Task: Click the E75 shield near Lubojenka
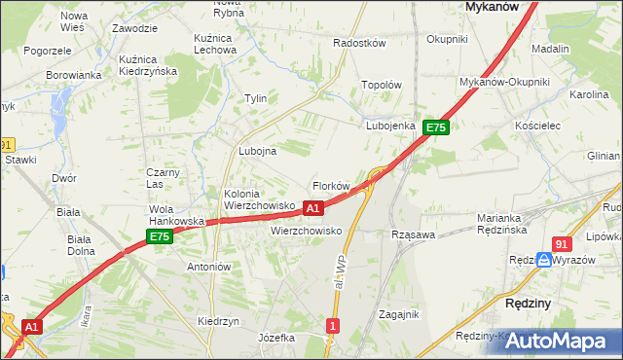[x=435, y=127]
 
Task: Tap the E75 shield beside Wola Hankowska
[x=161, y=236]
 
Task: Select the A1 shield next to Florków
[x=312, y=207]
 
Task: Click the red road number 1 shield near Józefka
[x=334, y=326]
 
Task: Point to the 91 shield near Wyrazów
[x=561, y=244]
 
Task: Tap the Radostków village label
[x=359, y=44]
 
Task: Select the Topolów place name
[x=382, y=85]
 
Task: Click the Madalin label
[x=551, y=49]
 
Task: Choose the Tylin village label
[x=255, y=98]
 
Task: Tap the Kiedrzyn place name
[x=218, y=320]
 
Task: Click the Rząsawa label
[x=412, y=234]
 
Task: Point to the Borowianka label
[x=73, y=74]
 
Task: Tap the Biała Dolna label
[x=80, y=244]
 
